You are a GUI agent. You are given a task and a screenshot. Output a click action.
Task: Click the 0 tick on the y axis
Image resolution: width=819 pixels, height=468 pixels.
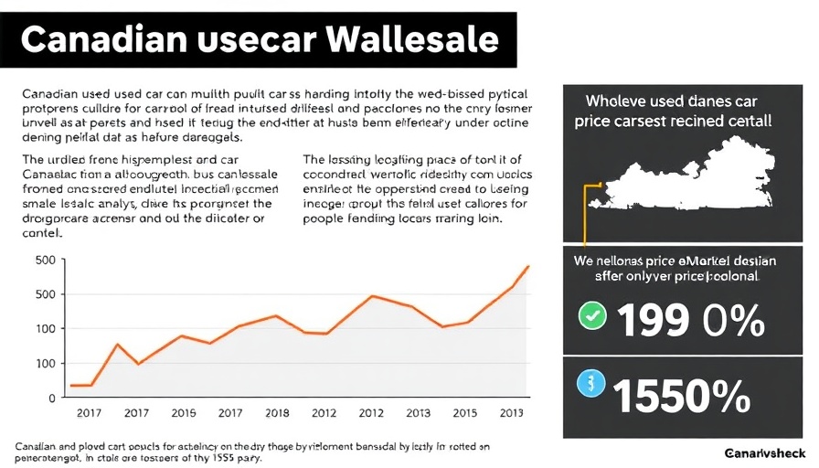tap(51, 398)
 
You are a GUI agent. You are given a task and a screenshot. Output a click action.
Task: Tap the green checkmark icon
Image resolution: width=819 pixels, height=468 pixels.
tap(592, 317)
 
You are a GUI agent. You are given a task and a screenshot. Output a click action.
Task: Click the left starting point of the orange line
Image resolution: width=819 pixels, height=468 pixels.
tap(71, 386)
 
